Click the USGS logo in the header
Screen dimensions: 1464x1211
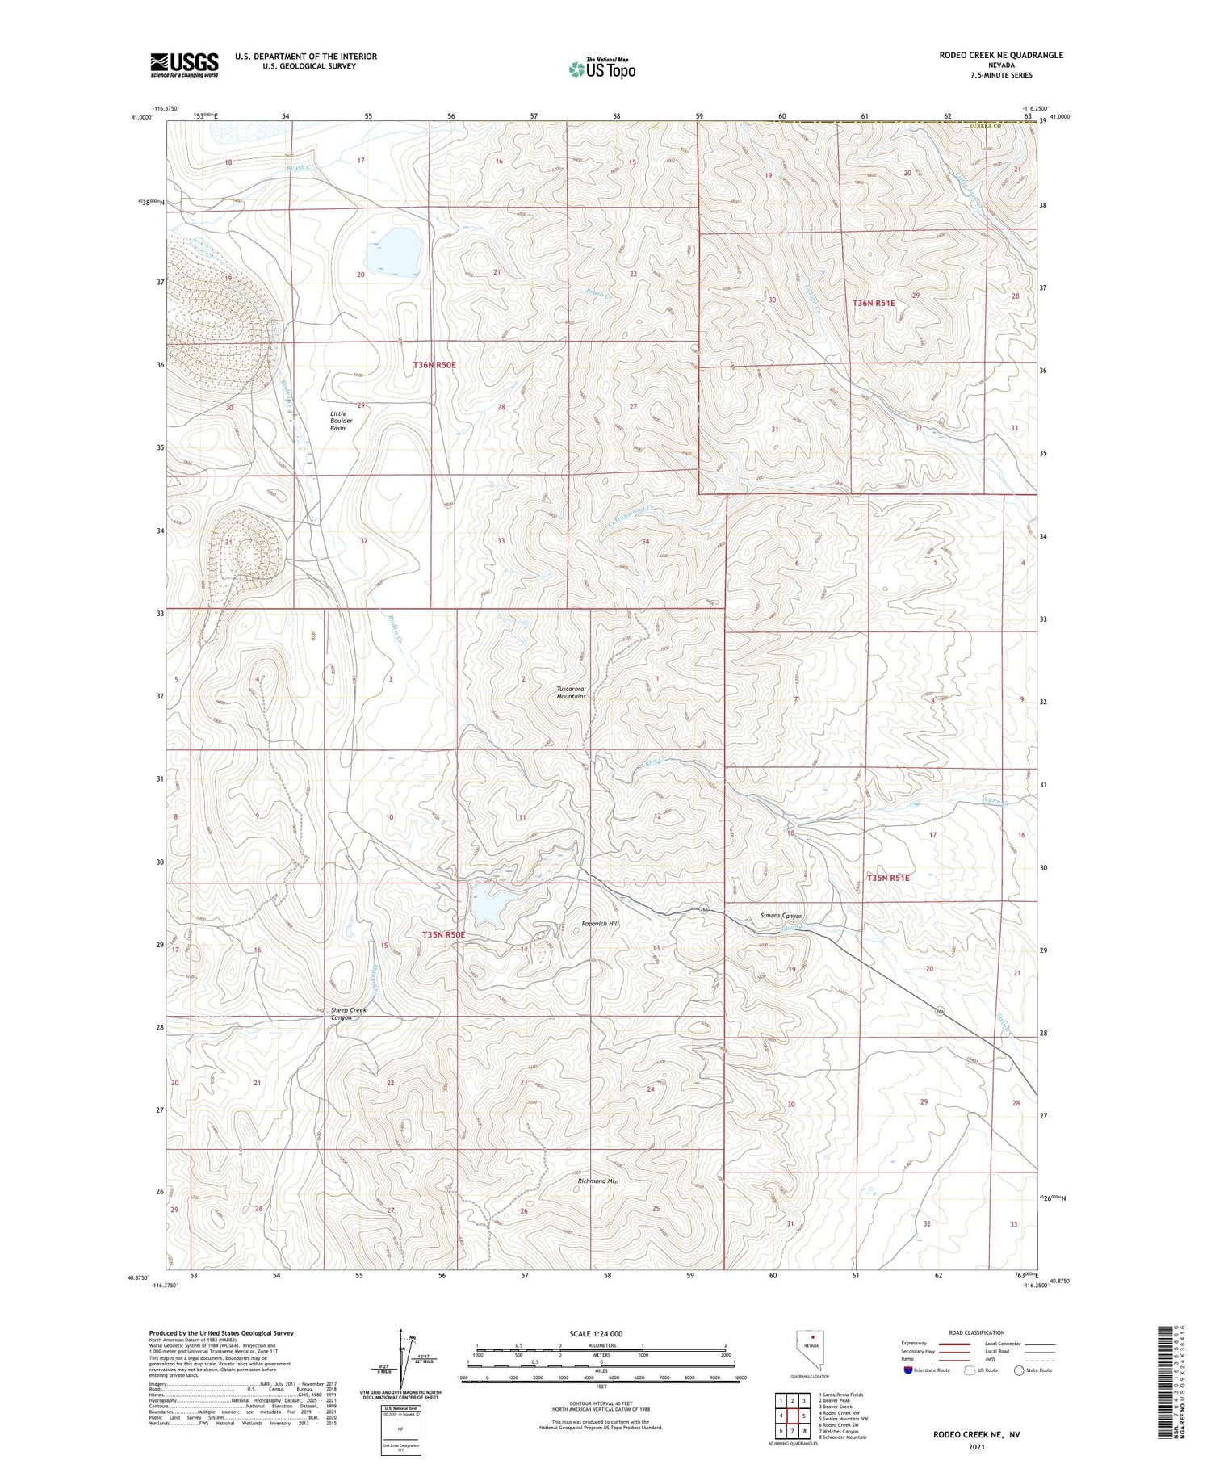[184, 65]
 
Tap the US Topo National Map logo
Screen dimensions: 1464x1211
[601, 69]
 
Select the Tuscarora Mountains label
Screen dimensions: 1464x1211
[571, 692]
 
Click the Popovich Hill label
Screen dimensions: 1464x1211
[600, 923]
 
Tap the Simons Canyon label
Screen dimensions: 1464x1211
[781, 916]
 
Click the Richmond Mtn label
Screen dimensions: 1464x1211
[597, 1181]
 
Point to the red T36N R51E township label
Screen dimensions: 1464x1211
[874, 303]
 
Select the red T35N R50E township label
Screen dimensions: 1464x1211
[443, 934]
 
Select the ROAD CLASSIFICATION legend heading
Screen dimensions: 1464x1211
[977, 1332]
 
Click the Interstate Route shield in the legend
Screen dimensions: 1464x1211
[908, 1370]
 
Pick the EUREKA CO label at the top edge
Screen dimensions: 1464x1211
[986, 127]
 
